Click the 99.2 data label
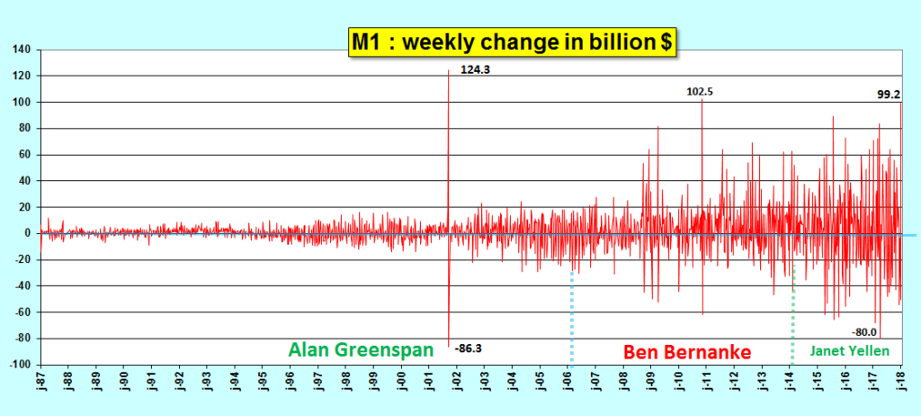[x=889, y=94]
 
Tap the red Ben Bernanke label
[x=687, y=350]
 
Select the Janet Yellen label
[x=849, y=350]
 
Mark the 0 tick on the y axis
[x=28, y=234]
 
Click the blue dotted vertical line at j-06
[x=572, y=315]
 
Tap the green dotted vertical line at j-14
[x=792, y=315]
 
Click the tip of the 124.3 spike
[x=448, y=70]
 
